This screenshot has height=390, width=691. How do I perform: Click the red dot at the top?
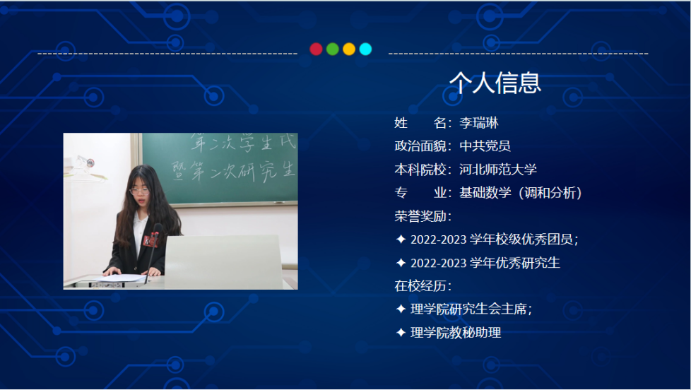(x=316, y=49)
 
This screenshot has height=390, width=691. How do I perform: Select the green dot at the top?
(x=332, y=49)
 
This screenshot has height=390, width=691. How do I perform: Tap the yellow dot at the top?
(x=349, y=49)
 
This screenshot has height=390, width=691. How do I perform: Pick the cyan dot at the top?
(x=365, y=49)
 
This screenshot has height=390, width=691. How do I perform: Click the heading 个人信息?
(x=495, y=83)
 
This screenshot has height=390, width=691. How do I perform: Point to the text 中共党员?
(x=485, y=146)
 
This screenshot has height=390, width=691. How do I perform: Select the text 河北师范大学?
(x=498, y=170)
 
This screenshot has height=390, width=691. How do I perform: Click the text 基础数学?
(x=485, y=193)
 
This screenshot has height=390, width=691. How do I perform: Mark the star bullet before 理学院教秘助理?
(x=401, y=332)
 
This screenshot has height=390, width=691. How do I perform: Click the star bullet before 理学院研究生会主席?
(x=401, y=309)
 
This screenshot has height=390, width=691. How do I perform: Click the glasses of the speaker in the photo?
(x=139, y=191)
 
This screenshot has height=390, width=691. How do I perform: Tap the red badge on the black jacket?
(x=150, y=241)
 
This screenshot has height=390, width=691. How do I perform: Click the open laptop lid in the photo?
(x=223, y=261)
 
